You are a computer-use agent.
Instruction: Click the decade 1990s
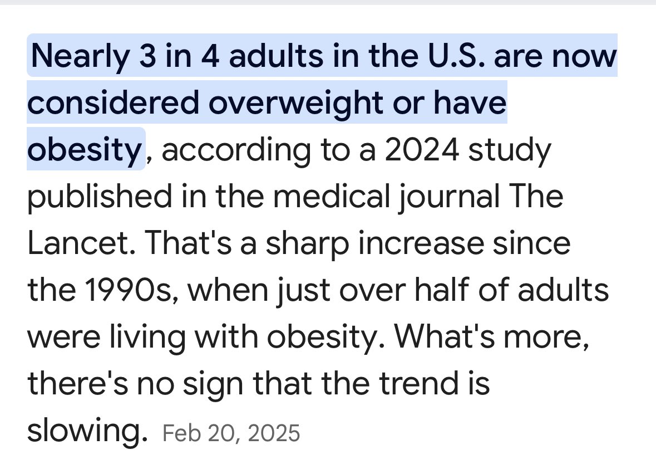point(118,291)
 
